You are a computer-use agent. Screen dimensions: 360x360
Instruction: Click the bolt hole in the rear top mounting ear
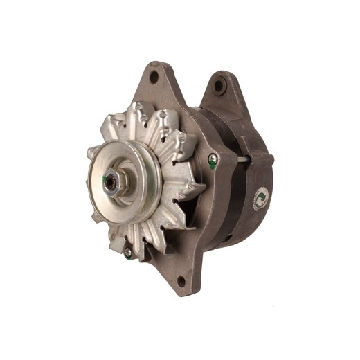219,86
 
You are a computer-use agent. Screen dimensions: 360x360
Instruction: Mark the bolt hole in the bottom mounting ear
181,280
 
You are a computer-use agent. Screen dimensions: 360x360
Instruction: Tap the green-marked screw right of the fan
213,161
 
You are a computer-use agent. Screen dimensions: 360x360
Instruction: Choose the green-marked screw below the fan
128,253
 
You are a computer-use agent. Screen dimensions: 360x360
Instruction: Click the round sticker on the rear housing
260,199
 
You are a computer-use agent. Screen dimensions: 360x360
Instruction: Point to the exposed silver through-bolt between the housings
244,160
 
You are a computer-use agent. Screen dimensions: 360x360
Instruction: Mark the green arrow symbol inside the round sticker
260,199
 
